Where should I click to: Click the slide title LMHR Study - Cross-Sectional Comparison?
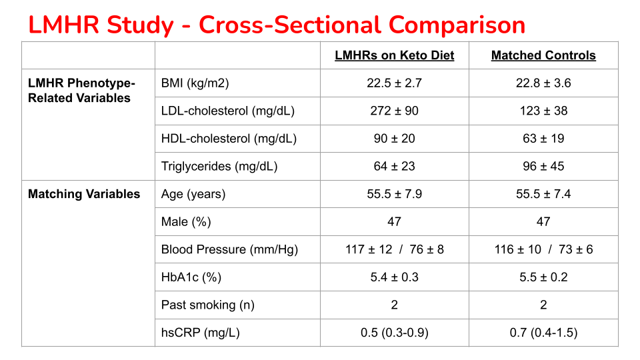click(277, 25)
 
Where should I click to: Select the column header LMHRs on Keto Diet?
click(394, 55)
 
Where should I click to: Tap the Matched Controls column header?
click(543, 55)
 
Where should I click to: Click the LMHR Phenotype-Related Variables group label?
click(81, 91)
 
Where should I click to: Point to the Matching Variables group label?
click(84, 194)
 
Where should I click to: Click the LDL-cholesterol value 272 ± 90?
click(394, 111)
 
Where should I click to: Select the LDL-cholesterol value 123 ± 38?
click(543, 111)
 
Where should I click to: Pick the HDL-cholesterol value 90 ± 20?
click(394, 139)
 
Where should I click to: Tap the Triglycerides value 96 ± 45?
click(543, 166)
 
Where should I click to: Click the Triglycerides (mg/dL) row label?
click(219, 166)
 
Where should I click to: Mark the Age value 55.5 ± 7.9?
click(394, 194)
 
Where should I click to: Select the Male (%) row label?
click(187, 221)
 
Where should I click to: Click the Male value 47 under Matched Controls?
click(543, 221)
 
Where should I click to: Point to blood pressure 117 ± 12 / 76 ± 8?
click(394, 249)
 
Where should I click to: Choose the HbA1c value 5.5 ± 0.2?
click(543, 277)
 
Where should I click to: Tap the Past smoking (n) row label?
click(208, 305)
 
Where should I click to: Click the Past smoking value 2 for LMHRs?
click(394, 305)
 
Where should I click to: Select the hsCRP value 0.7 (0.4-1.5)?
click(543, 332)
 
